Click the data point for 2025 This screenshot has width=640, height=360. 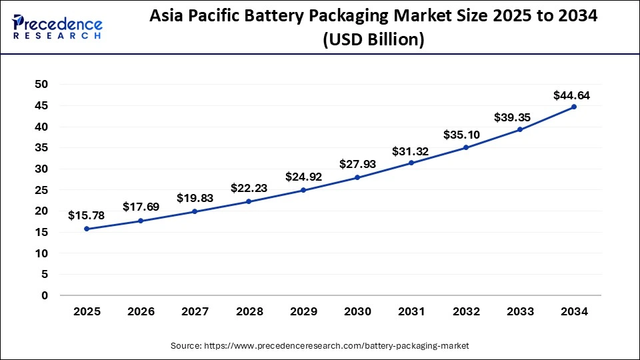tap(87, 229)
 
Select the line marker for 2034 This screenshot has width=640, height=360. tap(573, 107)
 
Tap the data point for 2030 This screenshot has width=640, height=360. tap(357, 177)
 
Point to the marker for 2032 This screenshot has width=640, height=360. tap(465, 147)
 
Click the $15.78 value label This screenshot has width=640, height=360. tap(87, 215)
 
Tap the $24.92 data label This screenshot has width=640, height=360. tap(304, 177)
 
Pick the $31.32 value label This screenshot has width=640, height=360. tap(411, 151)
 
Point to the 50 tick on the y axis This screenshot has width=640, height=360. tap(41, 85)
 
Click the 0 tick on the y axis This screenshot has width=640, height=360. tap(45, 295)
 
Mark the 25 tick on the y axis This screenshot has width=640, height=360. tap(41, 190)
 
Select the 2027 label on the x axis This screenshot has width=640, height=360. tap(195, 311)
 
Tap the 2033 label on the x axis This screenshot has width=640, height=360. tap(519, 311)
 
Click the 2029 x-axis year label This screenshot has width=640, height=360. tap(303, 311)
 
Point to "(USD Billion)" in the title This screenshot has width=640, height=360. tap(373, 40)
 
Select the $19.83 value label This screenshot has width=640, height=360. tap(195, 198)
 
